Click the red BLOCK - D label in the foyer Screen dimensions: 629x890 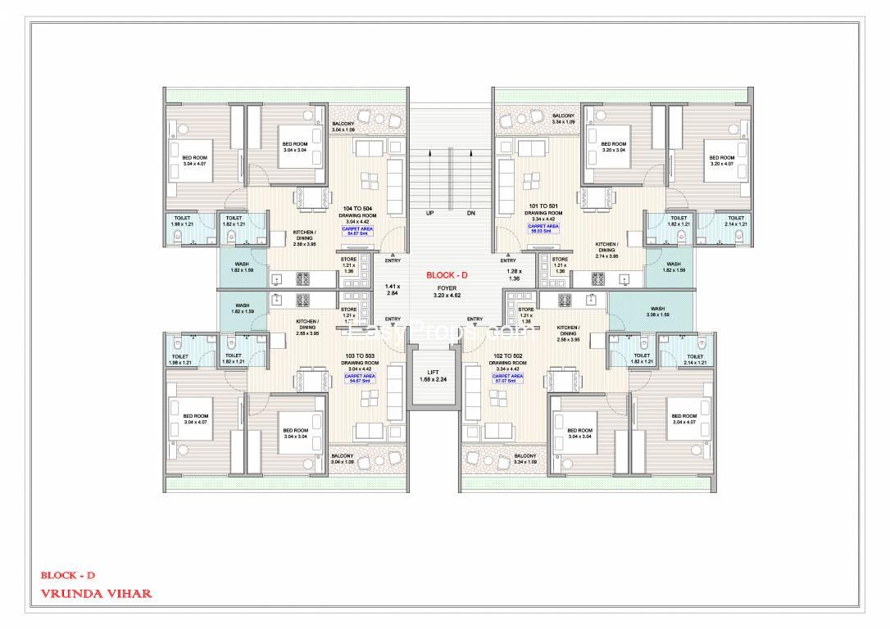(x=446, y=275)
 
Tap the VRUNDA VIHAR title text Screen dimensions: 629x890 (x=97, y=593)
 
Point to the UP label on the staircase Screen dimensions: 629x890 (x=428, y=213)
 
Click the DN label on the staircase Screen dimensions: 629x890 (x=470, y=213)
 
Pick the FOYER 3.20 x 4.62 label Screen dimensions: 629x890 (x=446, y=292)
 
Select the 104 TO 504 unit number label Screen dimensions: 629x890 (x=359, y=208)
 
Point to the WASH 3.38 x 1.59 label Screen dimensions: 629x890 (x=657, y=311)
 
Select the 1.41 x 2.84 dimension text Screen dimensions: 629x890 (x=391, y=288)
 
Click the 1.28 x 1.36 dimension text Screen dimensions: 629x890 (x=514, y=274)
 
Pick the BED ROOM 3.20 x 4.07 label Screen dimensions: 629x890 (x=721, y=161)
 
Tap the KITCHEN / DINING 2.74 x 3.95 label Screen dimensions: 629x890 (x=606, y=250)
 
